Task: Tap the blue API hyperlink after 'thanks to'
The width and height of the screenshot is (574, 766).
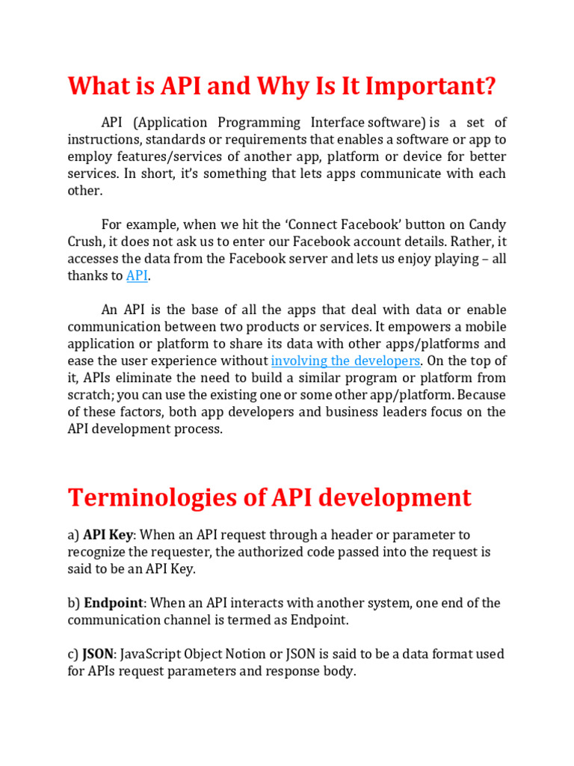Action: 137,276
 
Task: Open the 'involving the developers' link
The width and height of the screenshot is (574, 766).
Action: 345,361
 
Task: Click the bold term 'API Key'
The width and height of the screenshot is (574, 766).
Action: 108,535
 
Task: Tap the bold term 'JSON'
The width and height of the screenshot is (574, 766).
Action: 98,654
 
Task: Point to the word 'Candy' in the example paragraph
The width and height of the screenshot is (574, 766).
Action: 487,224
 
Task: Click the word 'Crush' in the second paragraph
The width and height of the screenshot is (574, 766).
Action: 84,242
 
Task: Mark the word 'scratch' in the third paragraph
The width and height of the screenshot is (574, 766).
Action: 90,395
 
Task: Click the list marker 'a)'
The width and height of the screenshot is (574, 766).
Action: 73,535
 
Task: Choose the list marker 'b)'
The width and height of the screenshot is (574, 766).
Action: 74,603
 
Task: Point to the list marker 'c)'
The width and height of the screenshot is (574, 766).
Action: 73,654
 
